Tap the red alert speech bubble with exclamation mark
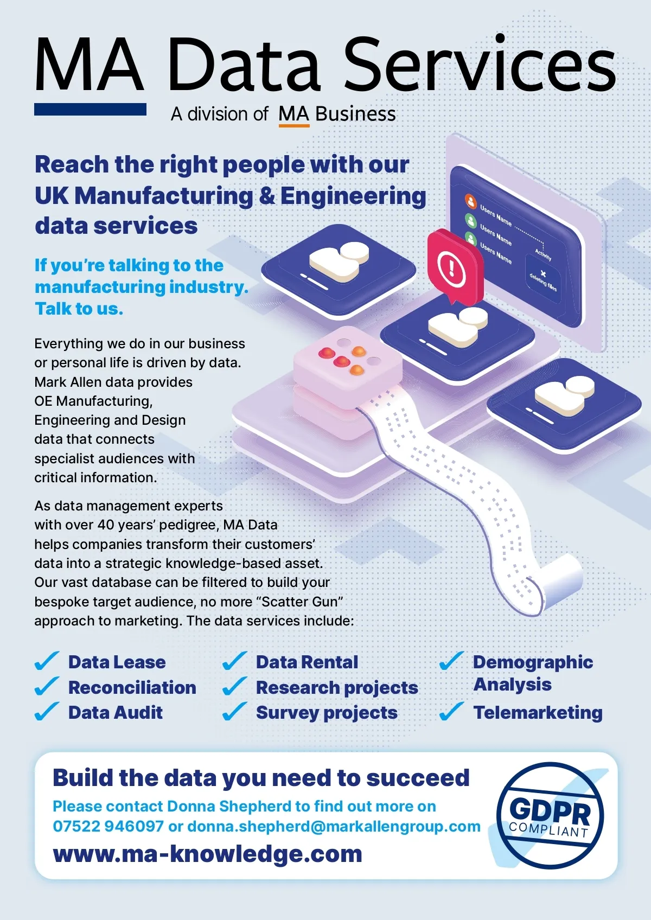pos(455,267)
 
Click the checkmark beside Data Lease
pos(47,661)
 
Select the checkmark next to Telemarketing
pos(452,712)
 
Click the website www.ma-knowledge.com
pos(207,854)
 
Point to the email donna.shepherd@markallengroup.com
pos(334,826)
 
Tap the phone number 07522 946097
pos(108,826)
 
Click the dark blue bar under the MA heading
pos(91,109)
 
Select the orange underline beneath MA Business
pos(294,125)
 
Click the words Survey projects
pos(327,713)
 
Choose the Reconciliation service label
pos(132,687)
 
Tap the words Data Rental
pos(307,662)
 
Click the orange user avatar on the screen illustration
pos(471,201)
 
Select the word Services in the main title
pos(480,64)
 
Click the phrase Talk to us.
pos(79,309)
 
